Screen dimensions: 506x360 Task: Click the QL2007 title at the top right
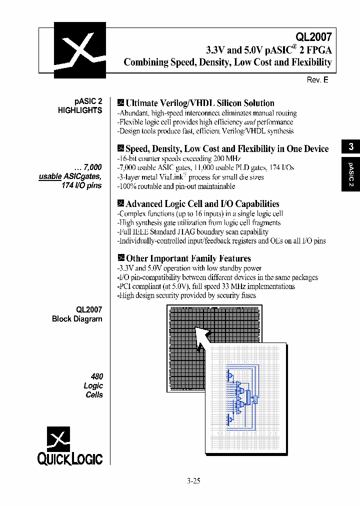tap(313, 36)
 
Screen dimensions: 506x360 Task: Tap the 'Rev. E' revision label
tap(317, 79)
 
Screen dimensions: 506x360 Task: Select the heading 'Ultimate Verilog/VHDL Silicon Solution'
tap(199, 103)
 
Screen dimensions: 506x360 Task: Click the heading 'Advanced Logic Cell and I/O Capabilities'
tap(202, 203)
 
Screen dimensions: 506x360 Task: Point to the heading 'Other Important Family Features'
tap(188, 258)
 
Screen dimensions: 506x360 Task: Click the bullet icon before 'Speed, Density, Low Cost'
tap(120, 148)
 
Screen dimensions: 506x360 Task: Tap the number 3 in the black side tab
tap(351, 146)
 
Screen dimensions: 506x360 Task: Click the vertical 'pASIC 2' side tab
tap(351, 175)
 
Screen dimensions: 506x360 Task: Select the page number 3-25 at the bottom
tap(193, 481)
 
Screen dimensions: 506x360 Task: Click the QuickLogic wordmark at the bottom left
tap(70, 459)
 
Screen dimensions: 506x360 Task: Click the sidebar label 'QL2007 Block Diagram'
tap(77, 314)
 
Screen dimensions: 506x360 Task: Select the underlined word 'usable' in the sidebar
tap(50, 176)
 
